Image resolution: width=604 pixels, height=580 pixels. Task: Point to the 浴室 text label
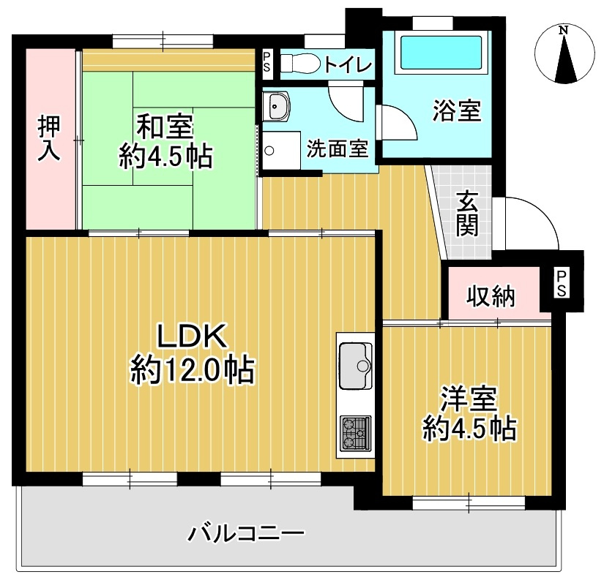click(x=456, y=112)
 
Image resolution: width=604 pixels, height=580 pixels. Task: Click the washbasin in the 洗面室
click(x=278, y=108)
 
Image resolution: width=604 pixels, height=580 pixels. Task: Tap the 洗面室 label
click(x=336, y=148)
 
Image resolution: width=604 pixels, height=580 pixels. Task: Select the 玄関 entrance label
click(x=466, y=213)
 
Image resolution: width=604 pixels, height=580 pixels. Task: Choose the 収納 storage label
click(x=492, y=296)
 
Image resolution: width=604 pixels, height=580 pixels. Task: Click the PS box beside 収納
click(x=561, y=283)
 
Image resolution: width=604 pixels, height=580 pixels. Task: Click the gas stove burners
click(x=356, y=433)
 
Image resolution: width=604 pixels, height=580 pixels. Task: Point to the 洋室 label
click(x=469, y=399)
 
